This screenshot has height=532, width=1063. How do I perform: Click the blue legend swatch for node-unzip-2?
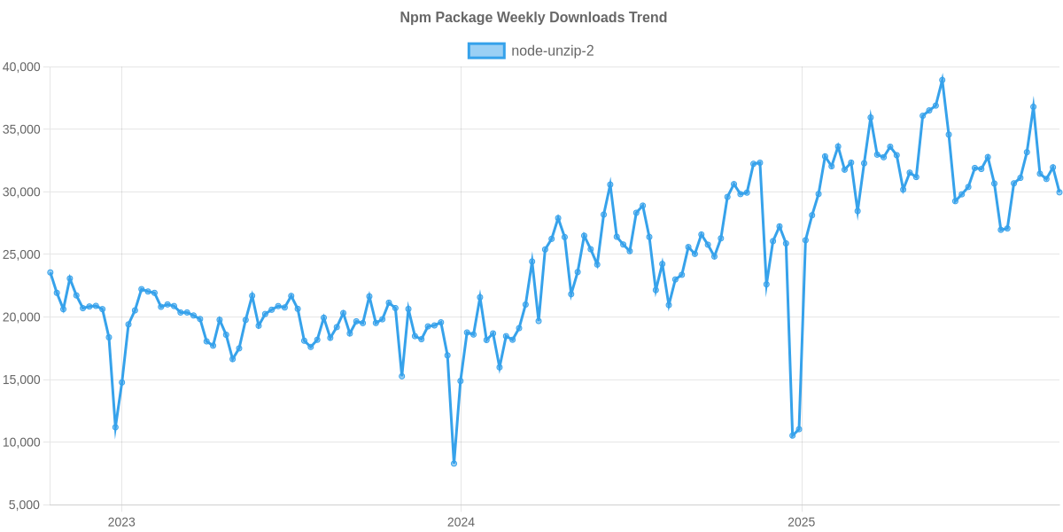point(485,51)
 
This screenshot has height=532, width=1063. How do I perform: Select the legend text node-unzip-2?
point(552,51)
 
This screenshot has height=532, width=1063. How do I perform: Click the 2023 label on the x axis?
point(121,522)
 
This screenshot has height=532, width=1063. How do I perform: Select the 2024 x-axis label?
point(461,522)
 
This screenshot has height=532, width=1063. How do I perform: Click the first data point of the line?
point(50,272)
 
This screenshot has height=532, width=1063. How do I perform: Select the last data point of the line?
point(1059,192)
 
